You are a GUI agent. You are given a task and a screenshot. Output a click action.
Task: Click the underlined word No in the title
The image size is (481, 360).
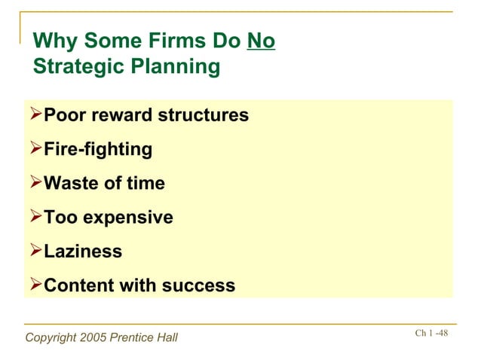[x=261, y=40]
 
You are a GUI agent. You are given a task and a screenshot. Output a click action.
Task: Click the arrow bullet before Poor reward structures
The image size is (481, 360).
[x=35, y=115]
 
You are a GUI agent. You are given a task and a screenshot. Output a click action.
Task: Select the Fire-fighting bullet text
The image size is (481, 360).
[x=98, y=149]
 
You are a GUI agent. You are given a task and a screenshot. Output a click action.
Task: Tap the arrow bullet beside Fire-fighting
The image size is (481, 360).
[x=35, y=149]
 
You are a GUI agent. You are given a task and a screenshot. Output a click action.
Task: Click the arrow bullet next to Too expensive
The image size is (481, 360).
[x=35, y=218]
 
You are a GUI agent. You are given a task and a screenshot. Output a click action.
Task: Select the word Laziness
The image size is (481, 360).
[x=83, y=252]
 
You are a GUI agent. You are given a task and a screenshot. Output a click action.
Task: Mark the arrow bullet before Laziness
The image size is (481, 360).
[x=35, y=252]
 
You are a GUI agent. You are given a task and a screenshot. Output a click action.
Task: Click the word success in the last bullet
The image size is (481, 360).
[x=198, y=286]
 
